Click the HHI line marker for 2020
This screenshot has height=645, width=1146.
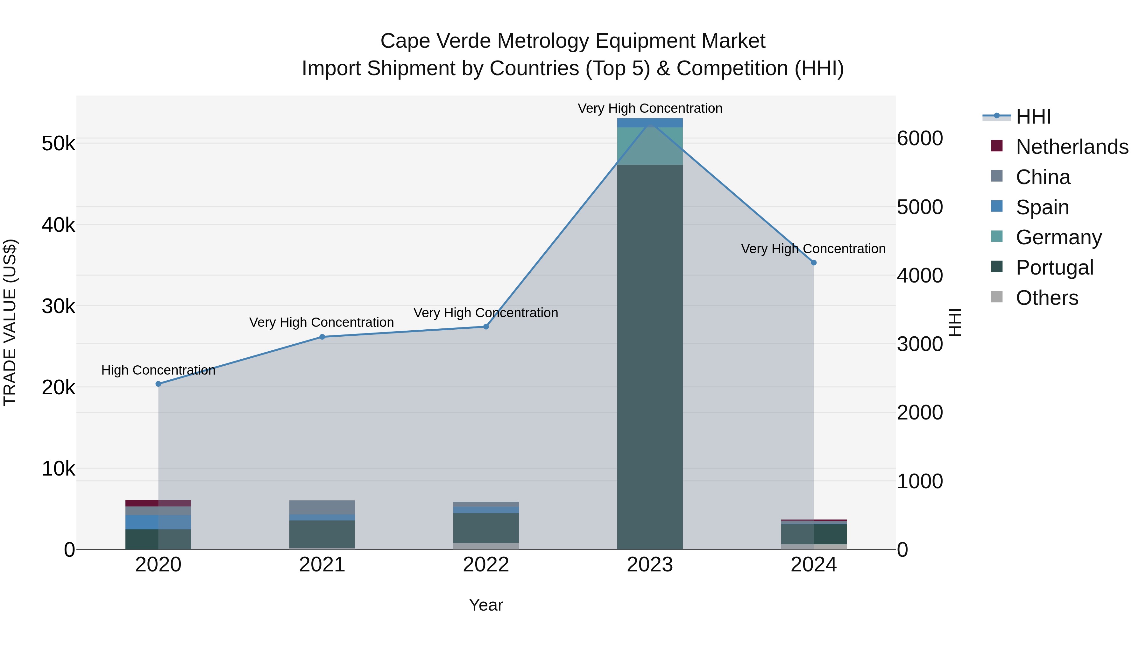click(x=159, y=384)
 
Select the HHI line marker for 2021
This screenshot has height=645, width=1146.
click(x=322, y=337)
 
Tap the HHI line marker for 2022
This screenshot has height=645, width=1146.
click(x=486, y=327)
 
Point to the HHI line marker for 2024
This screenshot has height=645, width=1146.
click(x=814, y=263)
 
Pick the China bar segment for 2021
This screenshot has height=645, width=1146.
click(x=322, y=507)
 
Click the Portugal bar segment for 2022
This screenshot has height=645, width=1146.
click(x=486, y=528)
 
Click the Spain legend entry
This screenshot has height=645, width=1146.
click(x=1042, y=207)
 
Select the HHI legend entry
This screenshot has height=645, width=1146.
click(x=1033, y=117)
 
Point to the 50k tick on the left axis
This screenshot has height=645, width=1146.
click(x=58, y=144)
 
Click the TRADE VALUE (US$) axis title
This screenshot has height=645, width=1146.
click(x=10, y=322)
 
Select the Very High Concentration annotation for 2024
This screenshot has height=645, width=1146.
click(x=813, y=249)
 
